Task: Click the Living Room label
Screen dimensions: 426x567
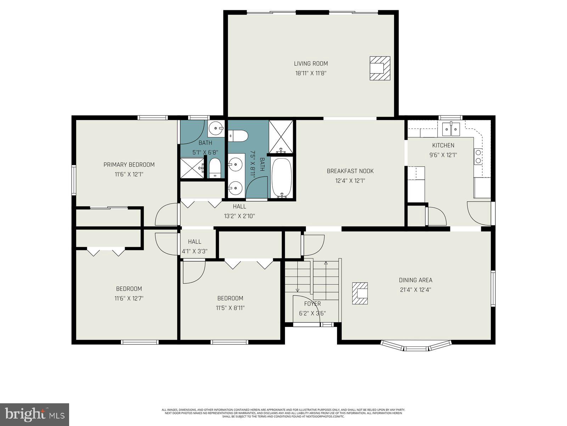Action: point(311,64)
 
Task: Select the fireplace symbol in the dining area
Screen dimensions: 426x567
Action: point(360,293)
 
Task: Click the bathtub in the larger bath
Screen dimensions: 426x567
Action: point(282,178)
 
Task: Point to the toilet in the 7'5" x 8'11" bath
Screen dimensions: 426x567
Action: point(238,135)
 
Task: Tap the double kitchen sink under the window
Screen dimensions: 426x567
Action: point(450,129)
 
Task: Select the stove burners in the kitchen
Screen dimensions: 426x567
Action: point(478,157)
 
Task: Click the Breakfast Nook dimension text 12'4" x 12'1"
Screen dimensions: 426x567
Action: point(350,181)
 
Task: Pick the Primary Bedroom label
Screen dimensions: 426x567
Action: point(129,165)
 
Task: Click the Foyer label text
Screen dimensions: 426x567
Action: point(312,304)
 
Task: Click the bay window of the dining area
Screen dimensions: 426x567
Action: point(416,346)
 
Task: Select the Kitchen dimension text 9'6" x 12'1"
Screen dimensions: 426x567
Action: point(443,155)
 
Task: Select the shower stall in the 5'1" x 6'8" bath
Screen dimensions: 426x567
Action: point(191,168)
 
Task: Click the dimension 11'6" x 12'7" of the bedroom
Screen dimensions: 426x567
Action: point(129,299)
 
